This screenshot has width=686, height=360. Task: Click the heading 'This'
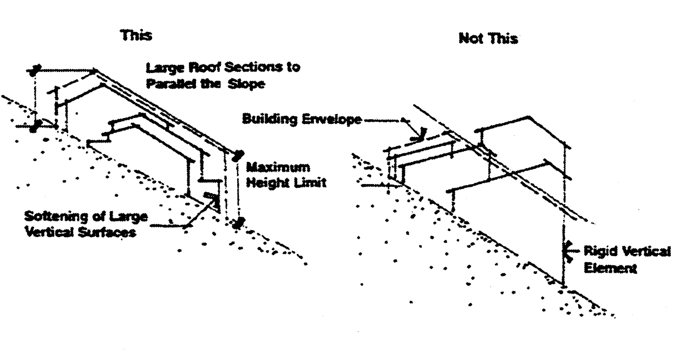136,36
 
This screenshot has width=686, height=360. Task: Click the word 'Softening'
51,217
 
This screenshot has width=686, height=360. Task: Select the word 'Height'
270,183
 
